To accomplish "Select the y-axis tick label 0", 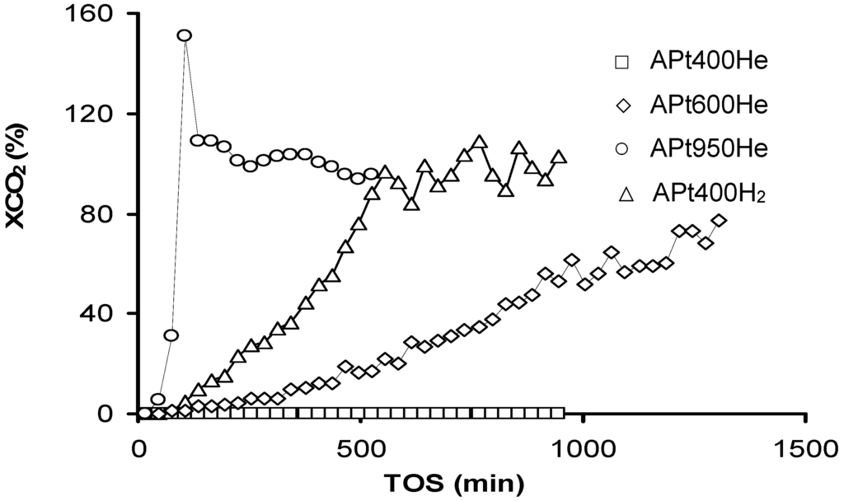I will [115, 414].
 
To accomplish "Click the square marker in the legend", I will [623, 61].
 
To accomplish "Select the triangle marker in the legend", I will [626, 194].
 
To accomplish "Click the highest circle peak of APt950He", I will [185, 35].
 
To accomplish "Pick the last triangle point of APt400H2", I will [558, 157].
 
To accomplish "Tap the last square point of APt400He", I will [560, 413].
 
